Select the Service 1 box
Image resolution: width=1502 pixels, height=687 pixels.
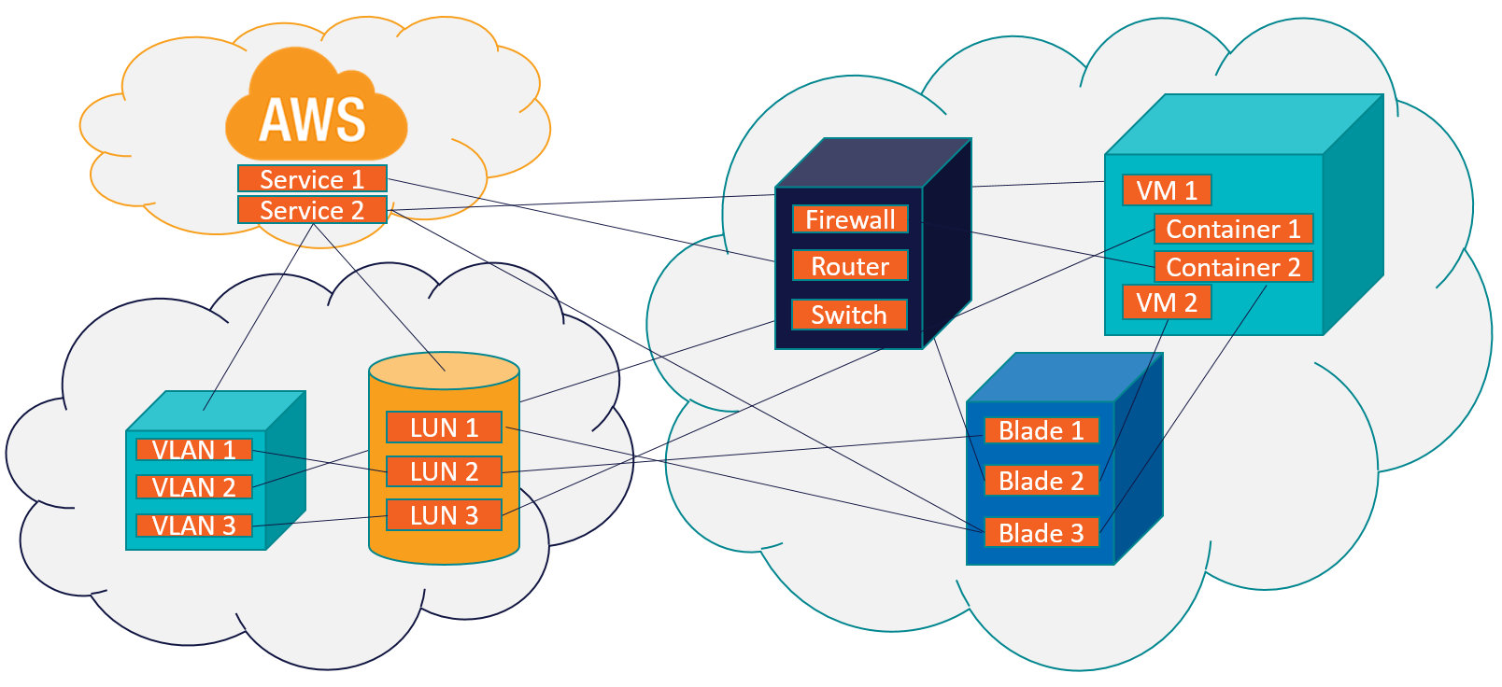[312, 178]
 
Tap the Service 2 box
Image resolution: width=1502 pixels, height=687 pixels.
[312, 210]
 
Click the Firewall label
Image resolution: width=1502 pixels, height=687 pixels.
[850, 219]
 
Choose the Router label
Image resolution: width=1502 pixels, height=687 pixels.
[850, 266]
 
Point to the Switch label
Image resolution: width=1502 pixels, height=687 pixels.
[849, 315]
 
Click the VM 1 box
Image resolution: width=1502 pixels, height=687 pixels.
[1167, 190]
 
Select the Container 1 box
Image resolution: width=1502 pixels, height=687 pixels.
[1233, 229]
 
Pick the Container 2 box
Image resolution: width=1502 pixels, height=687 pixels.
[1233, 267]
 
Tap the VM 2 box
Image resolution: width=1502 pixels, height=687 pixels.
[1167, 302]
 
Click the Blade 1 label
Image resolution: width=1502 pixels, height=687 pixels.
[1041, 430]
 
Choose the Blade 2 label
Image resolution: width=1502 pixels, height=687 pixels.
[1041, 481]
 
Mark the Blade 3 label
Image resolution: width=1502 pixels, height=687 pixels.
[1041, 533]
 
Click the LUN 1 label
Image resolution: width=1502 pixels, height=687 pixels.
[444, 428]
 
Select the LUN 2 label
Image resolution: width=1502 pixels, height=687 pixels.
[444, 471]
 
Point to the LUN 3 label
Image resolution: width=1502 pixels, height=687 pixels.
[444, 515]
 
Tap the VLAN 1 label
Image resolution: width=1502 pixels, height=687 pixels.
[193, 450]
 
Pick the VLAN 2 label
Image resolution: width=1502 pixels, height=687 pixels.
[193, 487]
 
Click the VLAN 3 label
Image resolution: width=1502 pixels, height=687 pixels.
[193, 526]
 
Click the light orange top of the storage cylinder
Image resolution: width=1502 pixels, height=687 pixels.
[444, 371]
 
